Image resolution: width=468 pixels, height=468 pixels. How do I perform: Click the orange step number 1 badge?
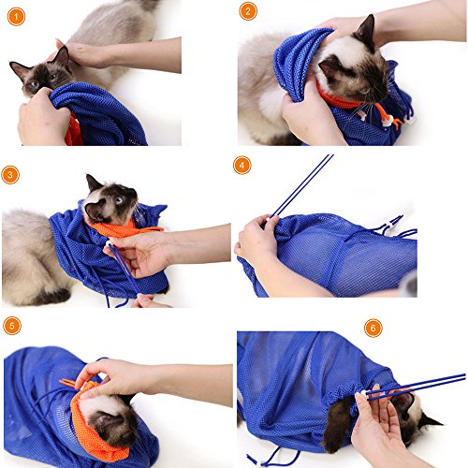coord(16,17)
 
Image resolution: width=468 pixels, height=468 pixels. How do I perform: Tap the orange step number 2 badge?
coord(248,11)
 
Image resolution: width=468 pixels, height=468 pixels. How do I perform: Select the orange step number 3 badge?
coord(10,175)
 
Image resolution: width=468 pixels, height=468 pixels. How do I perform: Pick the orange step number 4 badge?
coord(242,165)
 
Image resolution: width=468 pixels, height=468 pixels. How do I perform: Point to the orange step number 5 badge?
coord(12,326)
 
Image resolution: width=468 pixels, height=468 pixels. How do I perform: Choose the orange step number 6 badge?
coord(373,328)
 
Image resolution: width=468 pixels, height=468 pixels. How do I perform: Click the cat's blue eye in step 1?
coord(34,84)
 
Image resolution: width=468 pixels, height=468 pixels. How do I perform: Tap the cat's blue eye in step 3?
coord(119,200)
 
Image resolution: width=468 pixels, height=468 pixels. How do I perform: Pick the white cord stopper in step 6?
coord(364,394)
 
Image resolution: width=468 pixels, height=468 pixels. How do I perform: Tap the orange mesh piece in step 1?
coord(73,131)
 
